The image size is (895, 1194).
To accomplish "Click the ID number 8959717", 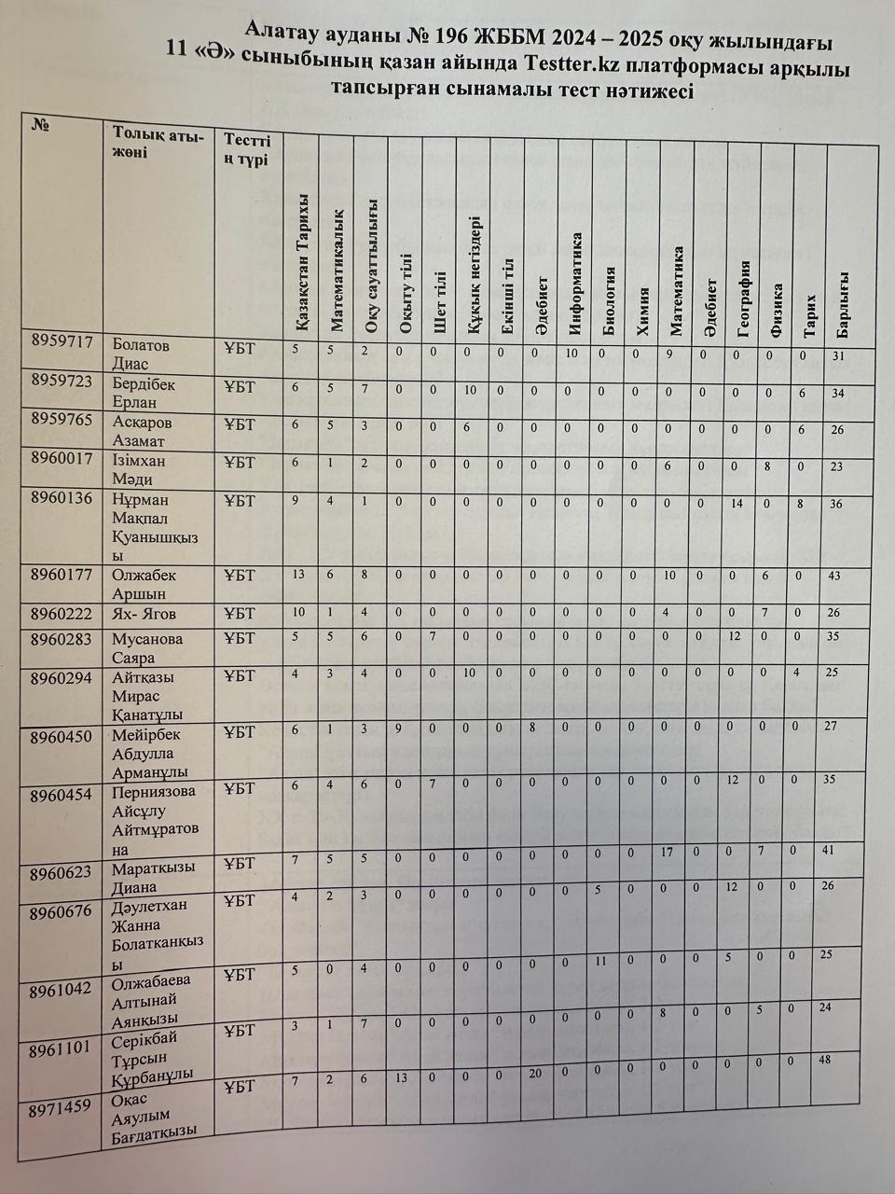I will pyautogui.click(x=62, y=342).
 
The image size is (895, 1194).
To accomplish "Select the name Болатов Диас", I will pyautogui.click(x=142, y=353).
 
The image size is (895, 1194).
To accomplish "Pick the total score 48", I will pyautogui.click(x=822, y=1060).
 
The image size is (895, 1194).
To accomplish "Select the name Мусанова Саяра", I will pyautogui.click(x=147, y=648).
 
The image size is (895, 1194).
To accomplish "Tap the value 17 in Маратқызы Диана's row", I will pyautogui.click(x=666, y=851).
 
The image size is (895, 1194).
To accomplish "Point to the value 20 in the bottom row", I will pyautogui.click(x=535, y=1074).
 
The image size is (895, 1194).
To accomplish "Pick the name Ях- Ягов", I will pyautogui.click(x=144, y=614).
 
